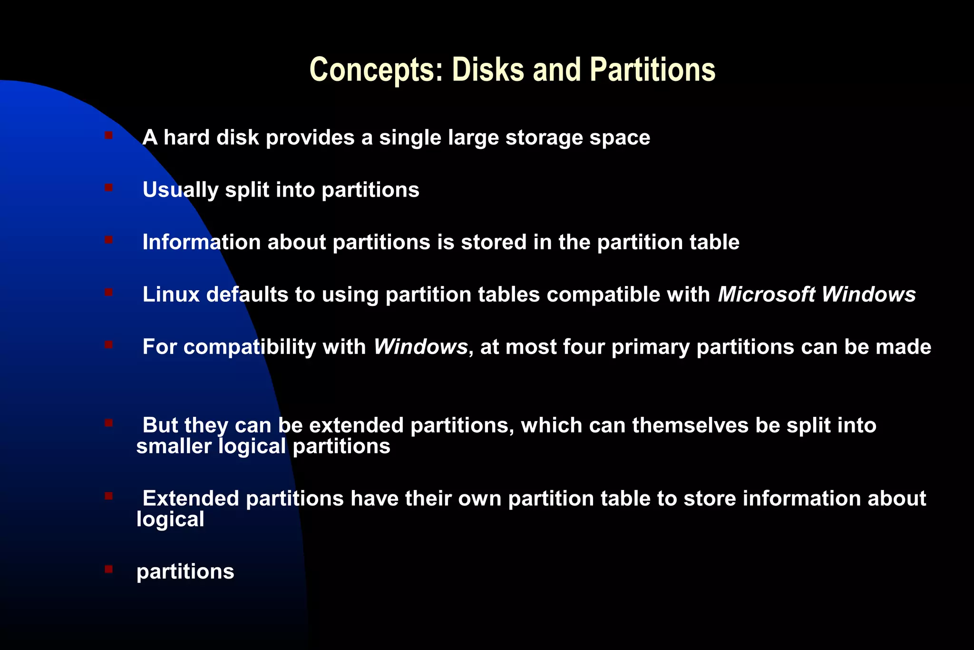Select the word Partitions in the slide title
(x=653, y=70)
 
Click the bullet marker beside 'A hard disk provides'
(x=109, y=136)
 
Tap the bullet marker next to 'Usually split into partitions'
(x=109, y=188)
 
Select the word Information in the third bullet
(x=202, y=242)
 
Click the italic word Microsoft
(x=766, y=295)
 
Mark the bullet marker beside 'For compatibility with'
(x=109, y=345)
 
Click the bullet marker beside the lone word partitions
(x=109, y=569)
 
